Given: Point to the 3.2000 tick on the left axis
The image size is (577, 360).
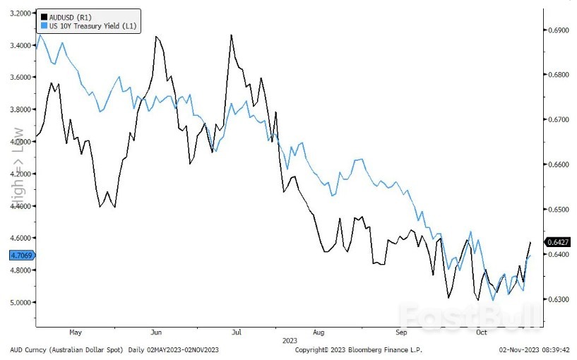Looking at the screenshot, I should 22,13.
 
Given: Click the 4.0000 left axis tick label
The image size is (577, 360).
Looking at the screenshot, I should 22,142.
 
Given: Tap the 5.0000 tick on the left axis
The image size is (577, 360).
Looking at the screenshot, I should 22,302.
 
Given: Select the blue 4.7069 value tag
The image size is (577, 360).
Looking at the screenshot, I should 22,255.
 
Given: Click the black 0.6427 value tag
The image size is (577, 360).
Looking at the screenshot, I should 558,242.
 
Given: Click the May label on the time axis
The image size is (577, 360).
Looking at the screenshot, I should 76,331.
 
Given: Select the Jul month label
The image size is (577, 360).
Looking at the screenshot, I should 237,331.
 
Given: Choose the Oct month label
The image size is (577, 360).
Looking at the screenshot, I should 482,331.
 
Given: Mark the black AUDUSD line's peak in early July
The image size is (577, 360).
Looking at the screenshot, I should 231,35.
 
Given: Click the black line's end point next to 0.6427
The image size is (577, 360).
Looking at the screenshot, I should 530,243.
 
